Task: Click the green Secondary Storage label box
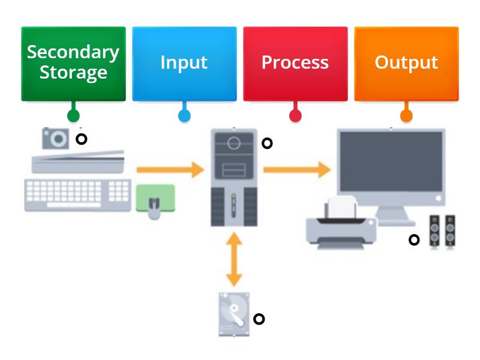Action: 73,63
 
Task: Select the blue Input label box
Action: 184,63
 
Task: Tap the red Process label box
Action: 295,63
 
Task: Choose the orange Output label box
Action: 406,63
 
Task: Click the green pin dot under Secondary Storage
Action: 73,115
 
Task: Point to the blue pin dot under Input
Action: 184,115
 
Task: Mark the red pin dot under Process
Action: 295,115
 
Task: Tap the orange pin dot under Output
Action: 406,115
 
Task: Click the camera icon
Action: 56,139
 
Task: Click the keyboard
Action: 77,194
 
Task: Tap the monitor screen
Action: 391,165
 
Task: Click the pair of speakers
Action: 442,232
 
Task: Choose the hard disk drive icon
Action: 233,314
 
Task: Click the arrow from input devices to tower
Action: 170,170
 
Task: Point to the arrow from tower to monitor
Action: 297,170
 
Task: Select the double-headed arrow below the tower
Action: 234,259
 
